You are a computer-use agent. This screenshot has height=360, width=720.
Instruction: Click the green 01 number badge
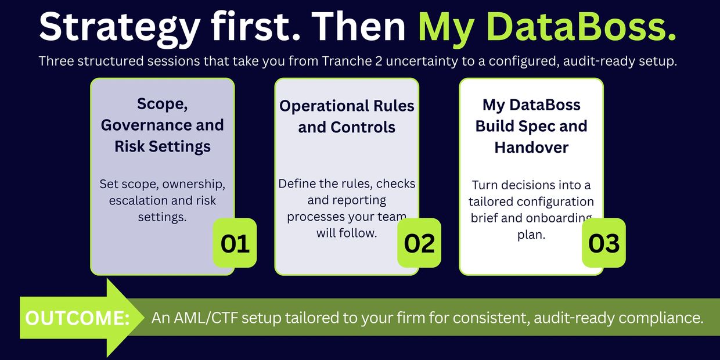click(x=235, y=243)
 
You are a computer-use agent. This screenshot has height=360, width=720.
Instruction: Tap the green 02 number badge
click(x=419, y=243)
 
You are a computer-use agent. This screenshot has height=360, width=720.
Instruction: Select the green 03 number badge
click(x=604, y=243)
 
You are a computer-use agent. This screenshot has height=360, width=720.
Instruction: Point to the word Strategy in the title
click(x=120, y=28)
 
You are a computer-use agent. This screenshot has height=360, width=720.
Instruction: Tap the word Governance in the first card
click(x=146, y=125)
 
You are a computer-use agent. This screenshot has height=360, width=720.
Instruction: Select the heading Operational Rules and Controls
click(x=347, y=116)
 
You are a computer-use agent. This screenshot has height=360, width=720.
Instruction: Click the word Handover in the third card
click(x=531, y=147)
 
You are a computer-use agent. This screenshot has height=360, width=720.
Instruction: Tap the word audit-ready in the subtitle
click(x=599, y=61)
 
